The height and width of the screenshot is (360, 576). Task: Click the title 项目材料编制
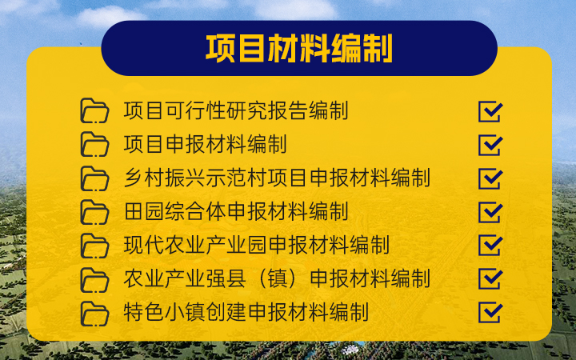point(298,49)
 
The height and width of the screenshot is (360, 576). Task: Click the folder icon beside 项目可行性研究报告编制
point(94,110)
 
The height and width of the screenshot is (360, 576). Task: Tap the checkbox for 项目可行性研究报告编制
point(490,110)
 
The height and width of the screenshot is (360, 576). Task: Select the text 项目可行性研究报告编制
point(236,110)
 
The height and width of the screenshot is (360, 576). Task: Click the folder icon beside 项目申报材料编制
point(94,144)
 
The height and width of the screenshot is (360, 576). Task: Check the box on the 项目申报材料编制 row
point(490,144)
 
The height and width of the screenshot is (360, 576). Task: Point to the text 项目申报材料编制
point(206,144)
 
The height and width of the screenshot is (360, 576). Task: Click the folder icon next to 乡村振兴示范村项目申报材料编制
point(94,178)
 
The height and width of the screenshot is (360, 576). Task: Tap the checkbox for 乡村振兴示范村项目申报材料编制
point(490,178)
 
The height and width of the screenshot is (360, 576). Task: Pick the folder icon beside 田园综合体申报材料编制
point(94,211)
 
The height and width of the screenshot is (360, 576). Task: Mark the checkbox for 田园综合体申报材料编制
point(490,211)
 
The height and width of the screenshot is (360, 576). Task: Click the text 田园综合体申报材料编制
point(236,211)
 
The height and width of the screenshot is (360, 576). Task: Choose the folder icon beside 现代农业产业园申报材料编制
point(94,245)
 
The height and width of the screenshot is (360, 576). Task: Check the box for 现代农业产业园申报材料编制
point(490,245)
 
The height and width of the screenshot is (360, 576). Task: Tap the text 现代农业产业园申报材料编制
point(257,245)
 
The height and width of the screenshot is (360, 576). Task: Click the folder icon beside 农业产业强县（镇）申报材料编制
point(94,278)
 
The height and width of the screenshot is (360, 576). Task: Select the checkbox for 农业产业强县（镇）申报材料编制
point(490,278)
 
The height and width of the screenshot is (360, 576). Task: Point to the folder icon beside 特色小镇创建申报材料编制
point(94,312)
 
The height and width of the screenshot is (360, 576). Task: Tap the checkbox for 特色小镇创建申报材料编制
point(490,312)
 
